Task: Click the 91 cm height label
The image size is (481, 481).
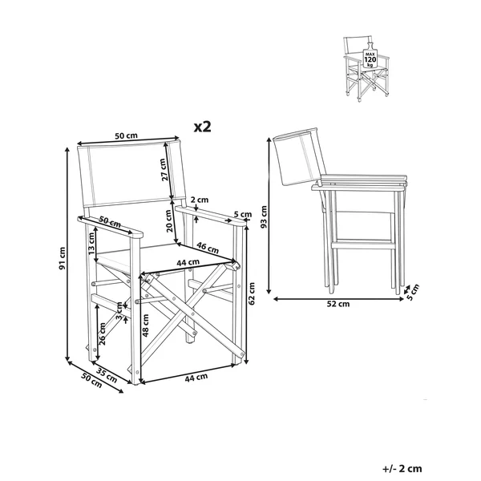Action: pos(63,258)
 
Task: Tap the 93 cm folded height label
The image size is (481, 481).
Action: pos(264,217)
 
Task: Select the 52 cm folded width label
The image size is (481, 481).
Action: pos(338,304)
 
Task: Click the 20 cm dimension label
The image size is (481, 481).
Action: pos(168,220)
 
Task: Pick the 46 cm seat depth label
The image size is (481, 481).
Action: pos(208,247)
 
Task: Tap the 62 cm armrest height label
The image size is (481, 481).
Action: pos(252,293)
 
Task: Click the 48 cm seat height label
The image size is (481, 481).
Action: pos(146,325)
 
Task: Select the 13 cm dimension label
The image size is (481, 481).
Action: pos(91,244)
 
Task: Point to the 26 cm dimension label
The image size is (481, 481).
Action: pos(102,333)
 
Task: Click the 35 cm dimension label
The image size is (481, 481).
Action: pos(107,375)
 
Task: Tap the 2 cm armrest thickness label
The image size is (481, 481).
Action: pos(200,200)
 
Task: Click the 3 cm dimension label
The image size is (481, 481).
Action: pos(119,311)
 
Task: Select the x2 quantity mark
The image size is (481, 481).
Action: pos(203,127)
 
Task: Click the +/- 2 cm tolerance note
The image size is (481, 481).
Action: pos(402,468)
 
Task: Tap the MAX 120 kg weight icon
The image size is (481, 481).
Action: pos(370,57)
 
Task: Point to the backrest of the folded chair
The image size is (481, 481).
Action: pos(299,156)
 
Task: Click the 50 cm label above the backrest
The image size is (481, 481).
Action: pos(127,135)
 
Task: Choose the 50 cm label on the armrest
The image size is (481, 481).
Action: pos(110,222)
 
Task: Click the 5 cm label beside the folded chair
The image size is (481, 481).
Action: pos(413,293)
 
